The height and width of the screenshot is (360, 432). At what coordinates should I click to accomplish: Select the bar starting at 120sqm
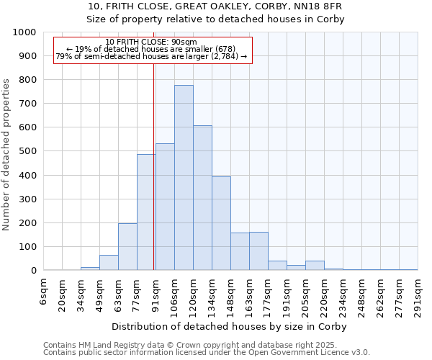click(x=202, y=198)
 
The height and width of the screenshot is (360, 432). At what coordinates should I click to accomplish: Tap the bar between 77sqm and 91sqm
click(x=146, y=212)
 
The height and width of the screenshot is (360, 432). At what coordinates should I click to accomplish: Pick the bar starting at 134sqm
click(x=221, y=223)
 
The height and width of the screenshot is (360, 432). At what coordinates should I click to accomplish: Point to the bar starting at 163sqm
click(x=258, y=251)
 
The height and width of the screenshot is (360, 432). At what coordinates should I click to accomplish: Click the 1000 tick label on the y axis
click(x=24, y=32)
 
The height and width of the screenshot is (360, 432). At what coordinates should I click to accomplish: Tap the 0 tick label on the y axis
click(x=34, y=271)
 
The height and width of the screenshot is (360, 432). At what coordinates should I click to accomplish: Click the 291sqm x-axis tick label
click(x=419, y=297)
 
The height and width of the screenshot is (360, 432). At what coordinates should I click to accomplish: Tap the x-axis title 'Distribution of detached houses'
click(x=230, y=327)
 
